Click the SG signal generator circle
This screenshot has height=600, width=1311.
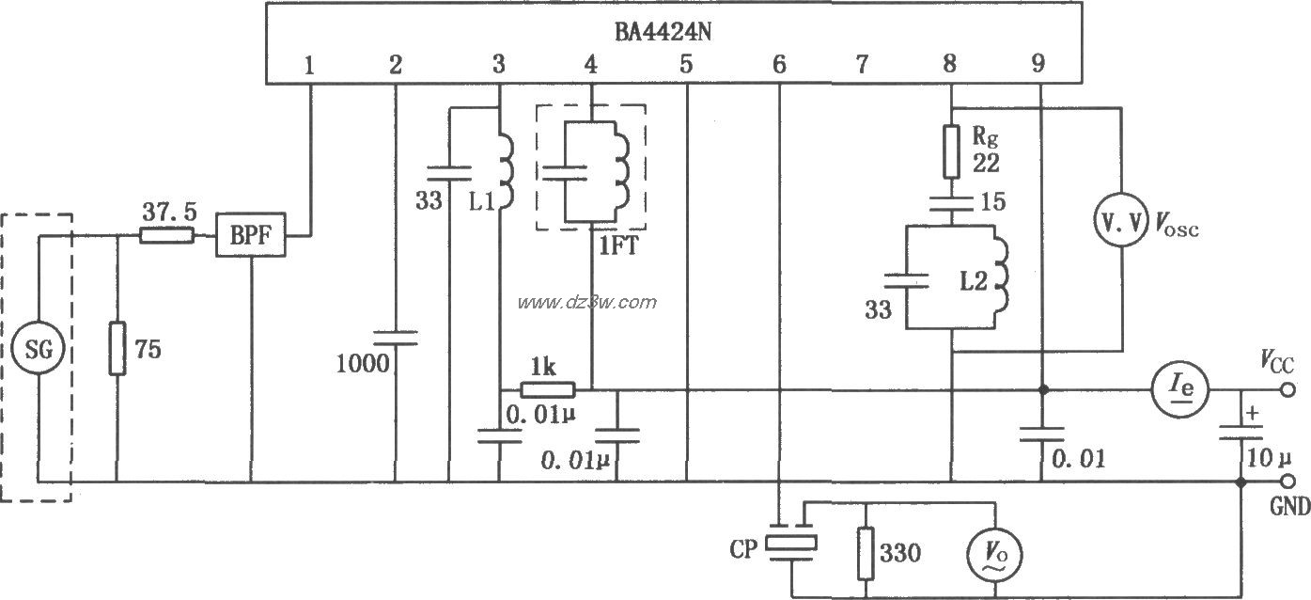[39, 351]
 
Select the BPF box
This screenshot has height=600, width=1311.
[251, 236]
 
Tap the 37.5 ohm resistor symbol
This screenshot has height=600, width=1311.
[167, 236]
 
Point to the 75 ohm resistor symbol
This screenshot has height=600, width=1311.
[117, 348]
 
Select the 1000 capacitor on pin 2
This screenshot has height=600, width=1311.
[396, 338]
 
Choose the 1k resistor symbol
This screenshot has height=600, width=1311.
[548, 389]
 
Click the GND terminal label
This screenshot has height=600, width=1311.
[1289, 507]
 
